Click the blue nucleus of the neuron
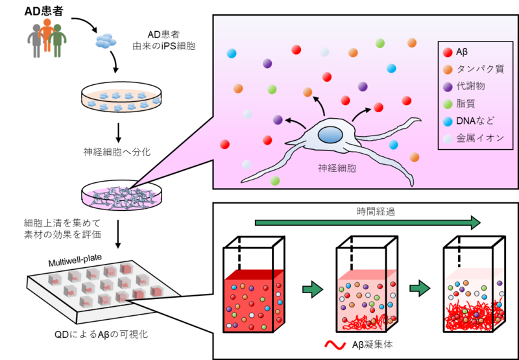pyautogui.click(x=330, y=135)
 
